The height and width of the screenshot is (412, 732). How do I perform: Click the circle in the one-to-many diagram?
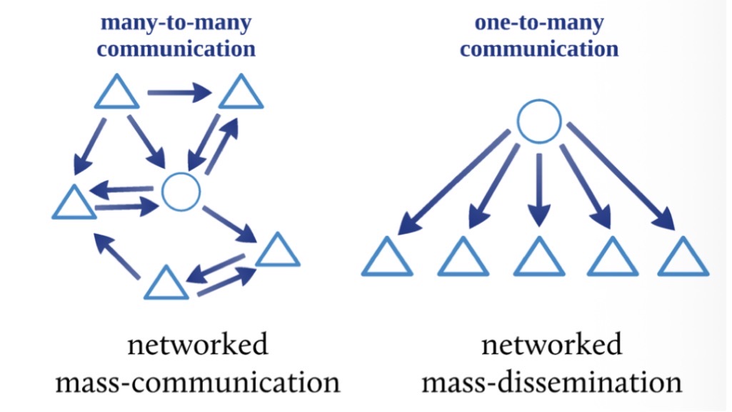point(538,121)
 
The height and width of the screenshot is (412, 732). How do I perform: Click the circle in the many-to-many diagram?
point(180,192)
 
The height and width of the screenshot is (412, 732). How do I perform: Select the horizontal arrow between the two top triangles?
point(179,92)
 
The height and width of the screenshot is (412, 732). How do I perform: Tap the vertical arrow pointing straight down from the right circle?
point(539,187)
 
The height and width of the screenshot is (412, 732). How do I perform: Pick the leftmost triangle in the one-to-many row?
point(387,257)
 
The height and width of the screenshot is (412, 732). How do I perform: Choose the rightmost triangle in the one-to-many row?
point(683,257)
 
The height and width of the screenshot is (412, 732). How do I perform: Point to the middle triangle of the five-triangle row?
point(539,257)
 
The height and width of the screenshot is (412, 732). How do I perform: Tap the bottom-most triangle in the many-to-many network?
point(166,283)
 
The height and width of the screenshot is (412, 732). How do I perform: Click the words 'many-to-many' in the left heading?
point(176,23)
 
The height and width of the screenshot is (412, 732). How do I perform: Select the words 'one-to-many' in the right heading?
point(539,23)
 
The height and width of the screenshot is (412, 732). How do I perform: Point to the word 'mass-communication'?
point(198,383)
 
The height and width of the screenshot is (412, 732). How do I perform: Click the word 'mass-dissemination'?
point(551,383)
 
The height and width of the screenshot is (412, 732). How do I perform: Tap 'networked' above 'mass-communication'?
point(198,345)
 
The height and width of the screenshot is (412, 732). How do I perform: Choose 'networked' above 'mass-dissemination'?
point(551,345)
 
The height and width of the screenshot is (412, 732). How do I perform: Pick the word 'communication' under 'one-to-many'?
point(539,49)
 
